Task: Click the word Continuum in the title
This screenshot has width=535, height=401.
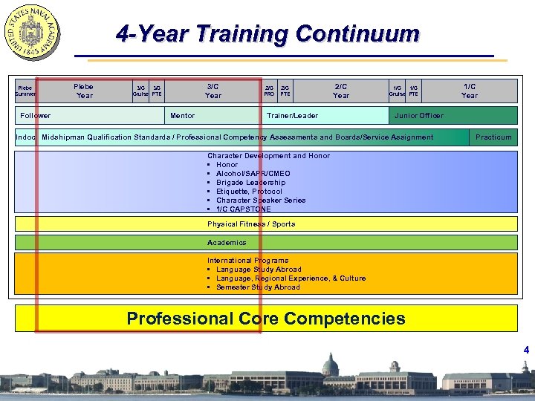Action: (357, 35)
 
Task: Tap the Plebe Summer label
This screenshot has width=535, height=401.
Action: (25, 91)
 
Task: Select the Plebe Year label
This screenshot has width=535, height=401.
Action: (83, 91)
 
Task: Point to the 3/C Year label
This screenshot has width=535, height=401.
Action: (213, 91)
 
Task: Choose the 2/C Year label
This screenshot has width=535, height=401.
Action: (341, 91)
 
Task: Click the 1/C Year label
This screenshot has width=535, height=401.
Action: (469, 91)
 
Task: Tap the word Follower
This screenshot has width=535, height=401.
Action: (36, 116)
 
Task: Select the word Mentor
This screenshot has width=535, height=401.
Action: (183, 116)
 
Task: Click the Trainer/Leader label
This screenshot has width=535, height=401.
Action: (292, 116)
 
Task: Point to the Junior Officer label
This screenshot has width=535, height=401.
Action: (419, 116)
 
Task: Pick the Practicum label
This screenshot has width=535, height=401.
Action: (493, 137)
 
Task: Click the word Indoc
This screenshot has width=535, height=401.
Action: (26, 137)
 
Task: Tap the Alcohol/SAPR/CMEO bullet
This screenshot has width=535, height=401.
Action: (253, 174)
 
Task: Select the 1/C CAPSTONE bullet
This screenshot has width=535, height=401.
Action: (243, 209)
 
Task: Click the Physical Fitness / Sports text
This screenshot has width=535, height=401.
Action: (251, 224)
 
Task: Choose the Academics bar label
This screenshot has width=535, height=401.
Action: (227, 243)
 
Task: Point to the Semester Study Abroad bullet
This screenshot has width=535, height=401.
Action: (258, 287)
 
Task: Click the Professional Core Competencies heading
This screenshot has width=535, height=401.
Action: (266, 319)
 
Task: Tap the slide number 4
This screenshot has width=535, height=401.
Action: (525, 350)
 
